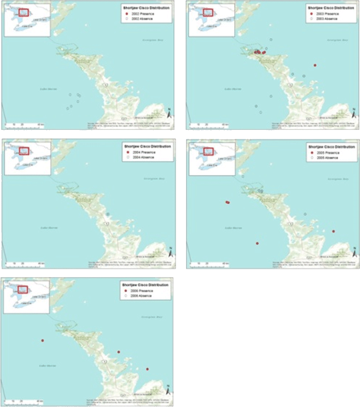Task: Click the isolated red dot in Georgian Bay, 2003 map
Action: tap(315, 65)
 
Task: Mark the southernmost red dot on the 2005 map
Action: tap(257, 243)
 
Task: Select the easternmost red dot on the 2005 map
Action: tap(333, 231)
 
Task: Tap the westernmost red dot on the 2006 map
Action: tap(42, 340)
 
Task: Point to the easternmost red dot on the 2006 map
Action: tap(147, 369)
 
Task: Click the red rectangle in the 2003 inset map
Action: tap(206, 12)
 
